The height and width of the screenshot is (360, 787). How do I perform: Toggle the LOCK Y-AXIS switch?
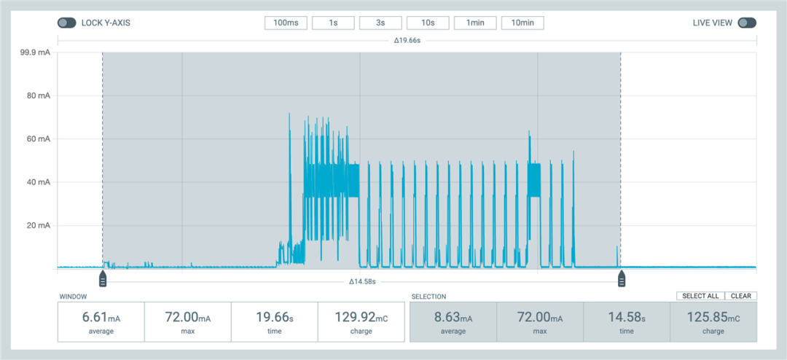pos(67,23)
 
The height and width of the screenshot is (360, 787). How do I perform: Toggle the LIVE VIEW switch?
pos(747,23)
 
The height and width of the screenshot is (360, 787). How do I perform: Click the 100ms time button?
pos(286,23)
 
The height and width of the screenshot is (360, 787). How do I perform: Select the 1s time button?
pos(333,23)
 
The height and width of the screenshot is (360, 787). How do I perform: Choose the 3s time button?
pos(380,23)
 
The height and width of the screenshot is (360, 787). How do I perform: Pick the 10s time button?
pos(428,23)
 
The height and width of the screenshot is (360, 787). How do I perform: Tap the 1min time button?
pos(475,23)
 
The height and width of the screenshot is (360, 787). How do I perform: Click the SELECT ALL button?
pos(700,296)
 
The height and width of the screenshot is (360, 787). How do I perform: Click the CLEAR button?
pos(740,296)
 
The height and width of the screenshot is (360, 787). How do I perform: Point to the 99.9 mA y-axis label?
pos(35,52)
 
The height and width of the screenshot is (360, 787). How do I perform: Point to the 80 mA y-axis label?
pos(38,95)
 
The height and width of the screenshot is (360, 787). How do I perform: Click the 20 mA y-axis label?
pos(38,225)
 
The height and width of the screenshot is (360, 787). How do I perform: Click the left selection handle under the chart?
pos(103,278)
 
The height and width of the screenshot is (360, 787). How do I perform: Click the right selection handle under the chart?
pos(622,278)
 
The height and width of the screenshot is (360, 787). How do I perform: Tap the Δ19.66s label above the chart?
pos(407,41)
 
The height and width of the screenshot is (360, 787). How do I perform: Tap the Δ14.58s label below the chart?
pos(361,281)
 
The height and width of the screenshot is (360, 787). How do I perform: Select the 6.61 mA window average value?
pos(101,318)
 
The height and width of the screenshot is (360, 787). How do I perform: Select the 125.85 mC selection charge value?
pos(713,318)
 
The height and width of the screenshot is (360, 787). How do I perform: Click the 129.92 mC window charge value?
pos(361,318)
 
